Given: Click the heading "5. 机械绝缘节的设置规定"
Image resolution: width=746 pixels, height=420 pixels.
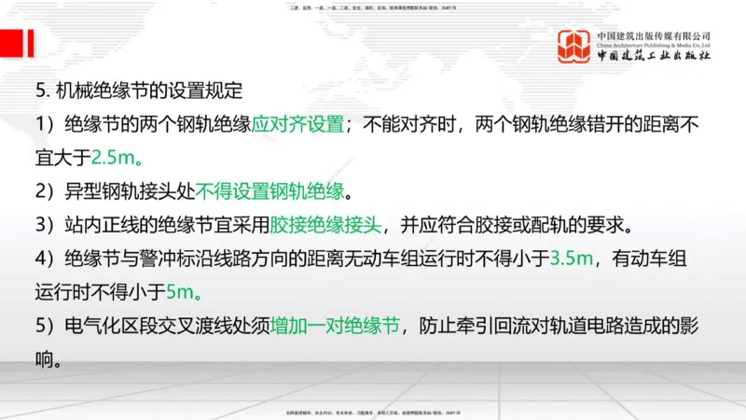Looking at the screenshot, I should point(138,91).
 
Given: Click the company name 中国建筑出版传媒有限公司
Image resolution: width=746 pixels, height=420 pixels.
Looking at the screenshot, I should point(655,35).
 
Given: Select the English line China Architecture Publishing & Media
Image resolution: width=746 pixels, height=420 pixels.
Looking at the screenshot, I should point(655,45).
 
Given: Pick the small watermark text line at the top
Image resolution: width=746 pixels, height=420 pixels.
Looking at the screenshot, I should point(373,7).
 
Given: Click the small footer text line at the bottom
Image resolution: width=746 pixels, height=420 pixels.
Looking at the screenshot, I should point(373,412).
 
